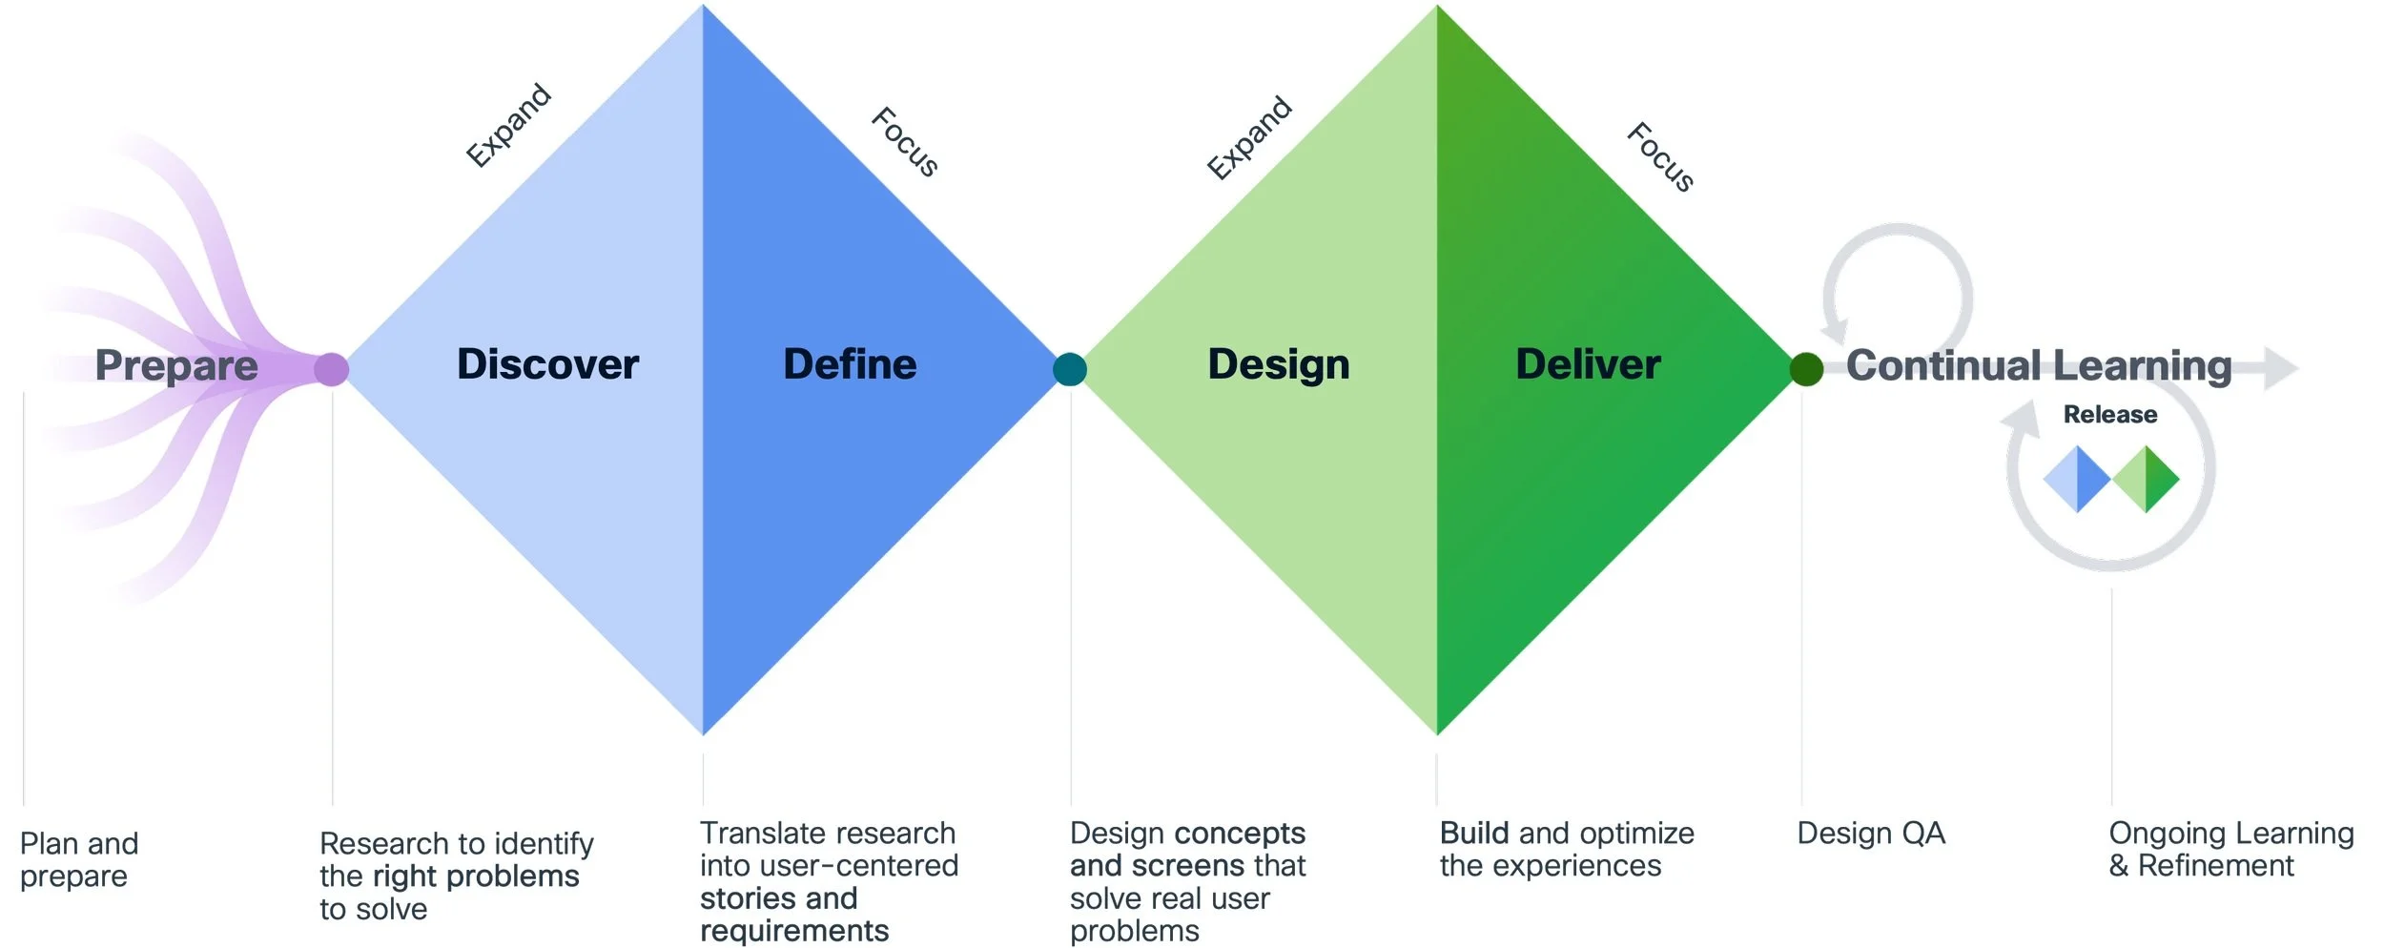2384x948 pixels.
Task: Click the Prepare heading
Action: tap(176, 365)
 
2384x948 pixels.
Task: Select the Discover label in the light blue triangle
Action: tap(547, 364)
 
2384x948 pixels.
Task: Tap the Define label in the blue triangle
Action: tap(850, 364)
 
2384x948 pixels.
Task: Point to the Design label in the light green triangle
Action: tap(1279, 364)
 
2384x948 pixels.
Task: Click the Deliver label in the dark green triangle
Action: tap(1588, 364)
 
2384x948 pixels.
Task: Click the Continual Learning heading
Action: tap(2039, 365)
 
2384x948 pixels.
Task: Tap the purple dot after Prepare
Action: tap(331, 369)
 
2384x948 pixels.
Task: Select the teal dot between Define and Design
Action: tap(1070, 369)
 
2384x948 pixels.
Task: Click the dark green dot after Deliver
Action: tap(1806, 369)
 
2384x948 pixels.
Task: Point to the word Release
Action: tap(2109, 415)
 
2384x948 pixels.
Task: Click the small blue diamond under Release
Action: tap(2077, 479)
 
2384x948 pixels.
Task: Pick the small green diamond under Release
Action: tap(2146, 479)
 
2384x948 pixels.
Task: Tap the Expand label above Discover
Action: tap(508, 125)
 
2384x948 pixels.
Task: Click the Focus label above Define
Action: tap(905, 142)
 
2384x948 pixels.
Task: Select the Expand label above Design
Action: tap(1249, 137)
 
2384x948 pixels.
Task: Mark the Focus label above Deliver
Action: tap(1660, 157)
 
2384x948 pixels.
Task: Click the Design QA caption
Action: tap(1870, 834)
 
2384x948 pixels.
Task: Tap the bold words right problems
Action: tap(476, 876)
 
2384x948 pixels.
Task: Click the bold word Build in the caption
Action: tap(1475, 834)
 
